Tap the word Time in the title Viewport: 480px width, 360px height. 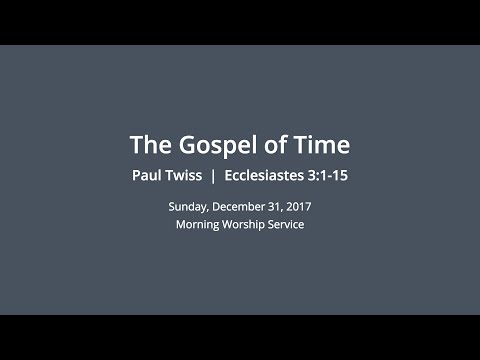click(322, 145)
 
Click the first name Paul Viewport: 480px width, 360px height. click(149, 176)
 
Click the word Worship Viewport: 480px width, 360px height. click(247, 224)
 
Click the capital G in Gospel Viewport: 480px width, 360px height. click(183, 145)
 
